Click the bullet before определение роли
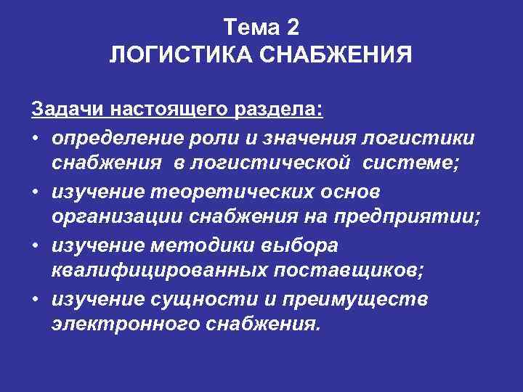36,137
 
